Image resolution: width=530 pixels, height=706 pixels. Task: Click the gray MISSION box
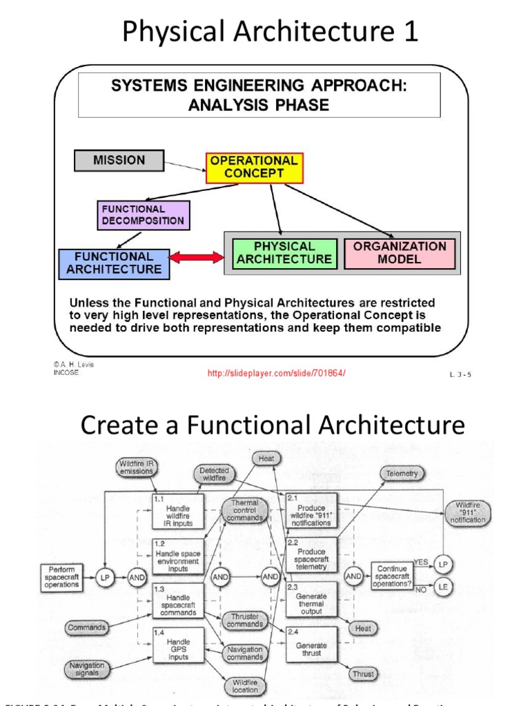[x=119, y=161]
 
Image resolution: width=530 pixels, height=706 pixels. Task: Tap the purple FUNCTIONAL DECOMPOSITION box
[x=143, y=215]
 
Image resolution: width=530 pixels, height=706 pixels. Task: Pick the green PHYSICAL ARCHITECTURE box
[x=284, y=253]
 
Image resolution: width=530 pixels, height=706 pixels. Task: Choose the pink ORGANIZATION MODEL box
[x=400, y=253]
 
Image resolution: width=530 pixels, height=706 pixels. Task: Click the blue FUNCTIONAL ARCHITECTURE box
[x=113, y=263]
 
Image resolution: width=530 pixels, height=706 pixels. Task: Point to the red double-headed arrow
[x=197, y=257]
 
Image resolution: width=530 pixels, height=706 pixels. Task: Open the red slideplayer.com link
[x=276, y=373]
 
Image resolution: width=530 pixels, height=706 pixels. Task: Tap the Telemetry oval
[x=402, y=474]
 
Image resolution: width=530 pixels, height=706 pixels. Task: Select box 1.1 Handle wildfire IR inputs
[x=178, y=512]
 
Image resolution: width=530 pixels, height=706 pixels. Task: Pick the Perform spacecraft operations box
[x=61, y=578]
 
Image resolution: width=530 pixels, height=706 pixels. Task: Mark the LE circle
[x=443, y=588]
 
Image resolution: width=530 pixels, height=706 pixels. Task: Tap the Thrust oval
[x=363, y=674]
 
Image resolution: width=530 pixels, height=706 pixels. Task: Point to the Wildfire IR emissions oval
[x=136, y=467]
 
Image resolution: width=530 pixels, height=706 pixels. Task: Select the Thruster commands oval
[x=244, y=620]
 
